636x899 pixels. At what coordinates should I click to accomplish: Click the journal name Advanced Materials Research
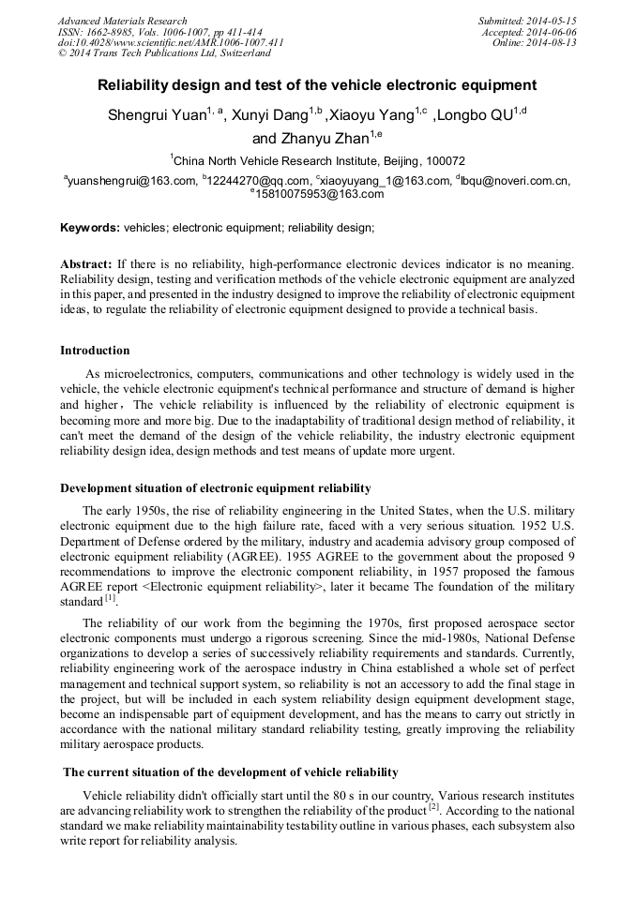tap(122, 21)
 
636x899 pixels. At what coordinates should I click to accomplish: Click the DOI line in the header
tap(171, 42)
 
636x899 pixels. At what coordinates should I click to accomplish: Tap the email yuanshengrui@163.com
tap(132, 181)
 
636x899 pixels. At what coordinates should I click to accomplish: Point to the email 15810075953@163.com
tap(319, 194)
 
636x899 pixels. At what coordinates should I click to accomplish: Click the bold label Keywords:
tap(90, 228)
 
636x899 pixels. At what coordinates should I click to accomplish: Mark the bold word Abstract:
tap(86, 264)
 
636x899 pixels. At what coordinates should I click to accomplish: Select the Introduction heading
tap(95, 351)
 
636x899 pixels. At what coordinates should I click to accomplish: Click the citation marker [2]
tap(434, 806)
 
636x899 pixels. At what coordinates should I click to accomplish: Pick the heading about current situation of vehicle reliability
tap(230, 772)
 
